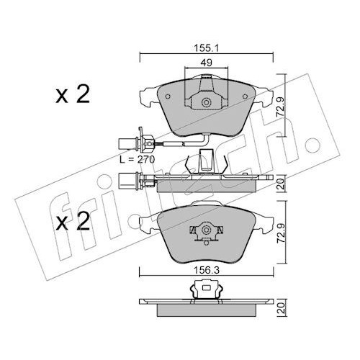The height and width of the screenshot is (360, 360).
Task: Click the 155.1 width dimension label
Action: pyautogui.click(x=206, y=49)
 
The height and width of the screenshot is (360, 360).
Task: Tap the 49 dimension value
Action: pyautogui.click(x=206, y=63)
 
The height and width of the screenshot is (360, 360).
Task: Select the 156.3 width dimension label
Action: pyautogui.click(x=207, y=271)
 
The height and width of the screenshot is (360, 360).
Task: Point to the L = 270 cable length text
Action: pyautogui.click(x=138, y=160)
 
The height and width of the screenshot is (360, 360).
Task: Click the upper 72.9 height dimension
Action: pyautogui.click(x=280, y=107)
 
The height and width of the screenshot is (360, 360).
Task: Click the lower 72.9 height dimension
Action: pyautogui.click(x=281, y=233)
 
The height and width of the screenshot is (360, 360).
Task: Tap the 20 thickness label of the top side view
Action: pyautogui.click(x=281, y=184)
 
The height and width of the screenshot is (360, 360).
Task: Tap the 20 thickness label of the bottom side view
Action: pyautogui.click(x=282, y=308)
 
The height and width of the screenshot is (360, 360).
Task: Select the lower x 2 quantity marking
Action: pyautogui.click(x=73, y=222)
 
